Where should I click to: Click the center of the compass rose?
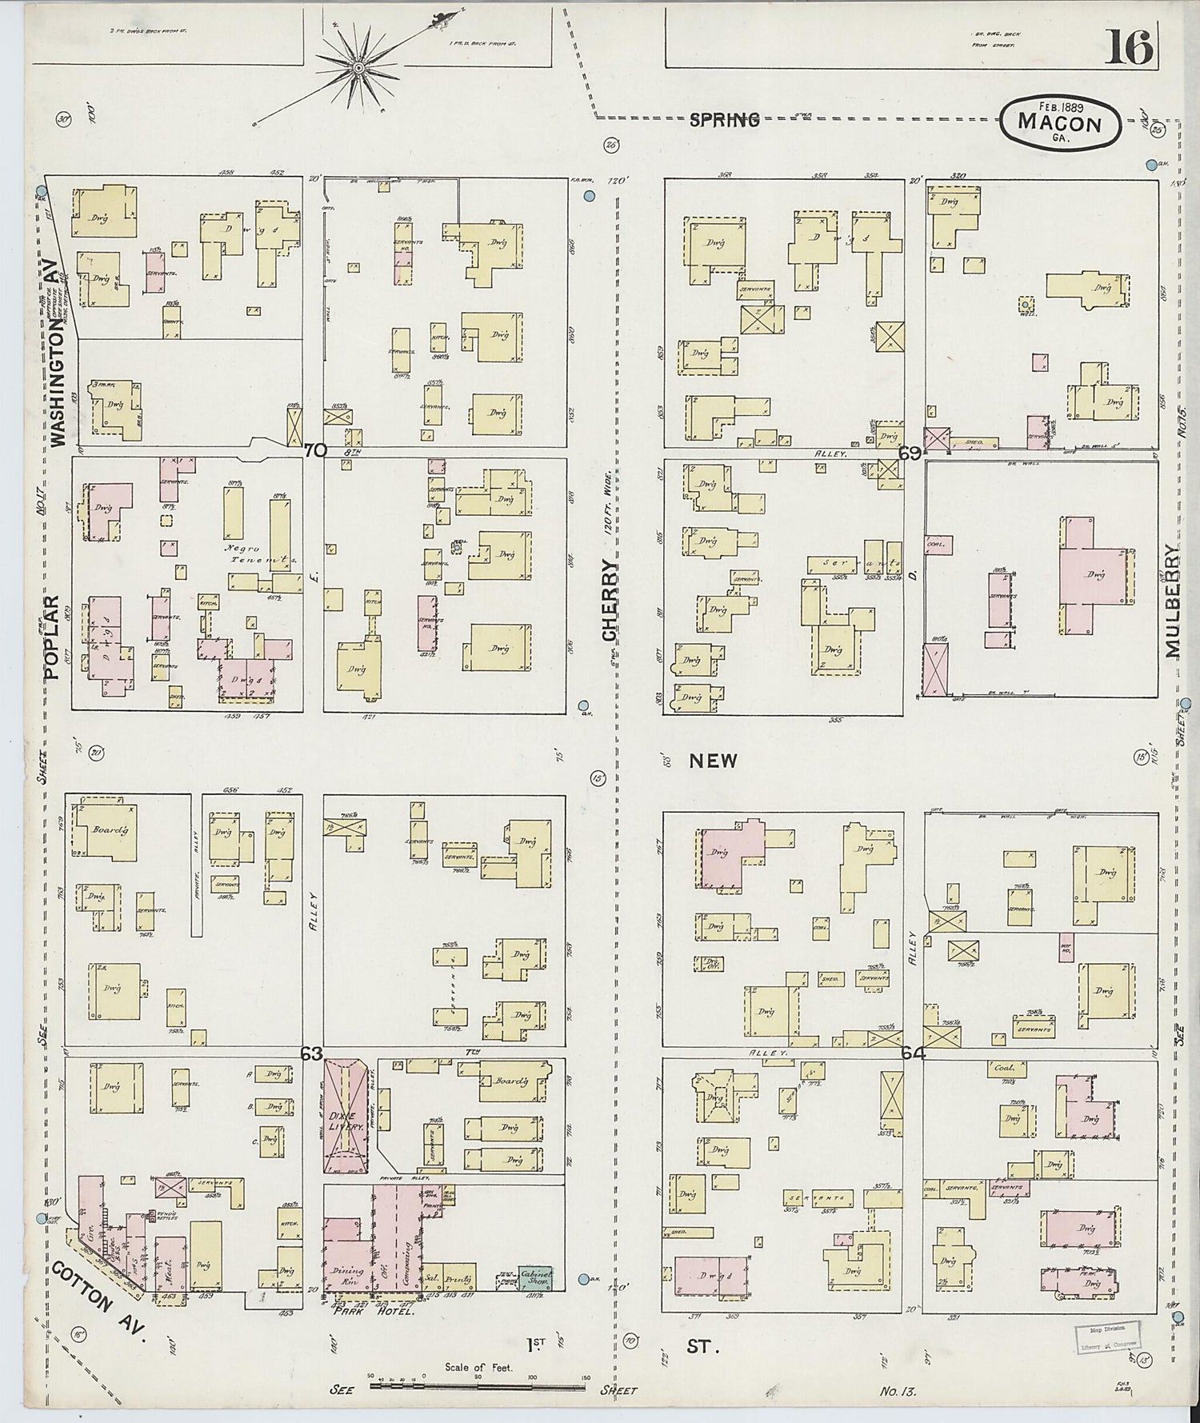coord(358,70)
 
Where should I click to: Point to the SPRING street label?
coord(724,120)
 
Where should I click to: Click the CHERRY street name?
coord(610,600)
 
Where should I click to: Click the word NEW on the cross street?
coord(713,761)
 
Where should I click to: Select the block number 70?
coord(315,450)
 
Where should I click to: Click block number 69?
coord(909,453)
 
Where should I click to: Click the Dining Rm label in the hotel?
coord(346,1274)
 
